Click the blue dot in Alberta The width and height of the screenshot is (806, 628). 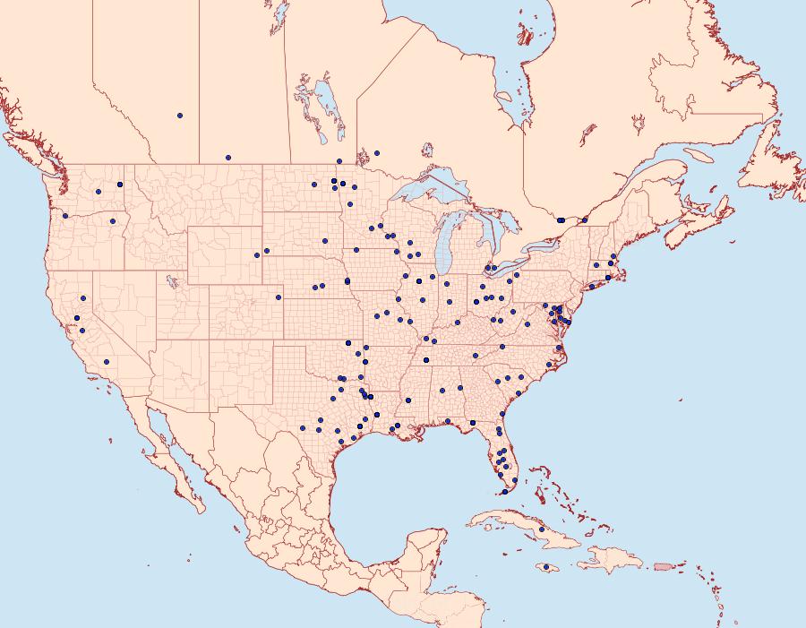pyautogui.click(x=180, y=116)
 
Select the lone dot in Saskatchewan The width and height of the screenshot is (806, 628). pyautogui.click(x=228, y=157)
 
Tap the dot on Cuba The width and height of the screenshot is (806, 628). pyautogui.click(x=542, y=529)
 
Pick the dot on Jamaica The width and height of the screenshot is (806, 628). pyautogui.click(x=545, y=567)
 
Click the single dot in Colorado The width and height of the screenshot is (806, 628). pyautogui.click(x=279, y=297)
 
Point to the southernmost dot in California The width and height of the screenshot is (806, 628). pyautogui.click(x=107, y=362)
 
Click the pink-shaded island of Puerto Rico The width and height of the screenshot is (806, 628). pyautogui.click(x=664, y=565)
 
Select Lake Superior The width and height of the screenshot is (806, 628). pyautogui.click(x=430, y=193)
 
